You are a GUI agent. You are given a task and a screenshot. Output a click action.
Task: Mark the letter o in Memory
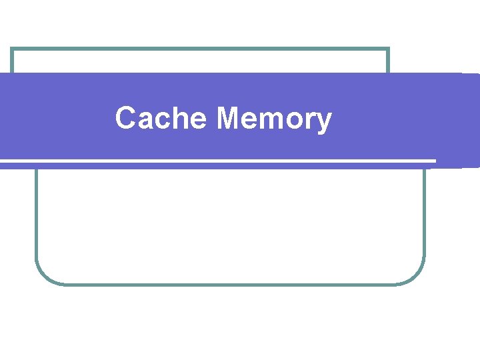click(298, 121)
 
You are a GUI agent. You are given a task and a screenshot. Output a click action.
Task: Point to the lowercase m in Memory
click(273, 121)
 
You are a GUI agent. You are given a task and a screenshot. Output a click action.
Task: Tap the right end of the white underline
click(434, 161)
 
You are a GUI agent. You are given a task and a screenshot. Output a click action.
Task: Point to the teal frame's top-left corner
click(12, 49)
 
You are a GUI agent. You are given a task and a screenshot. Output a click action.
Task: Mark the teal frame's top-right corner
click(388, 49)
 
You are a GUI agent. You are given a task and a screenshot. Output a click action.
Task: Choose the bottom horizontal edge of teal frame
click(230, 284)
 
